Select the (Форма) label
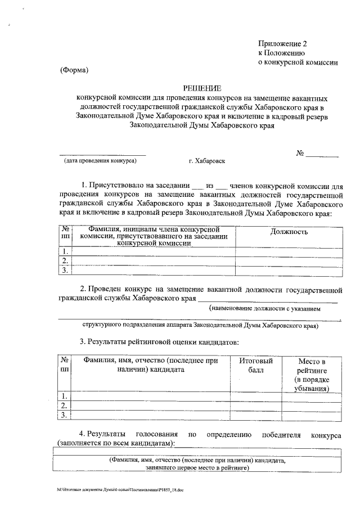click(x=74, y=70)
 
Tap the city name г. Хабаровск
click(x=206, y=161)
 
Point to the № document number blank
click(x=322, y=154)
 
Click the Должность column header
click(x=289, y=231)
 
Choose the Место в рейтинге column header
click(x=311, y=374)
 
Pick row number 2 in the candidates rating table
click(x=65, y=406)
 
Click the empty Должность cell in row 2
click(x=289, y=261)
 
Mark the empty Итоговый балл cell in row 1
click(x=255, y=396)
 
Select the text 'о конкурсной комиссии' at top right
click(x=298, y=62)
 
